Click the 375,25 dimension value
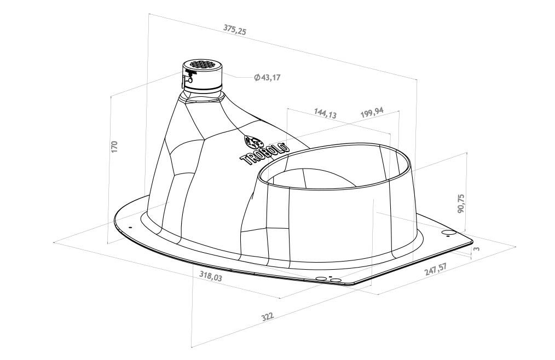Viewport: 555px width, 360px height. pos(234,30)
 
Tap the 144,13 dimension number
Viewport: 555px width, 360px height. pos(325,113)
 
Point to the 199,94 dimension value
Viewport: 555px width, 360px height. pos(372,112)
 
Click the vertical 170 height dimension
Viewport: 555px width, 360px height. pos(114,147)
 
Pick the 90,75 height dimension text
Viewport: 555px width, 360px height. pos(461,203)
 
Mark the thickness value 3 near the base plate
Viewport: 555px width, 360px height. pos(477,249)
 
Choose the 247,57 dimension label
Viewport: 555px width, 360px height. pos(436,269)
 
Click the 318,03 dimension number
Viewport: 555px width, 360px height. pos(211,276)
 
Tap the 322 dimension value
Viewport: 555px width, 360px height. pos(267,316)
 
